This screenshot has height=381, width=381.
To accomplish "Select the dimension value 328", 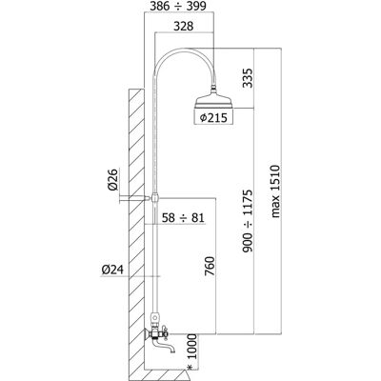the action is coord(183,26).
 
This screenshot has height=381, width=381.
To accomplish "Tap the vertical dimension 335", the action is coord(248,78).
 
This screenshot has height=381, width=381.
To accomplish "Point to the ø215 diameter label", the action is coord(213,118).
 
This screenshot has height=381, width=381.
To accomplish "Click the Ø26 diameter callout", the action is coord(112,180).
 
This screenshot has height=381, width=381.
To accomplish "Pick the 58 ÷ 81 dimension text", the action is coord(183,218).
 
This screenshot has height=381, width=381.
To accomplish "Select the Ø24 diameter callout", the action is coord(112,270).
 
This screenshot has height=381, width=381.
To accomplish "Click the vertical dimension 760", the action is coord(210,267).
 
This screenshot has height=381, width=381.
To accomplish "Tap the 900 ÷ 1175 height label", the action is coord(248,221).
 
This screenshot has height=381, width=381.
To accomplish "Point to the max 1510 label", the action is coord(275,191).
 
